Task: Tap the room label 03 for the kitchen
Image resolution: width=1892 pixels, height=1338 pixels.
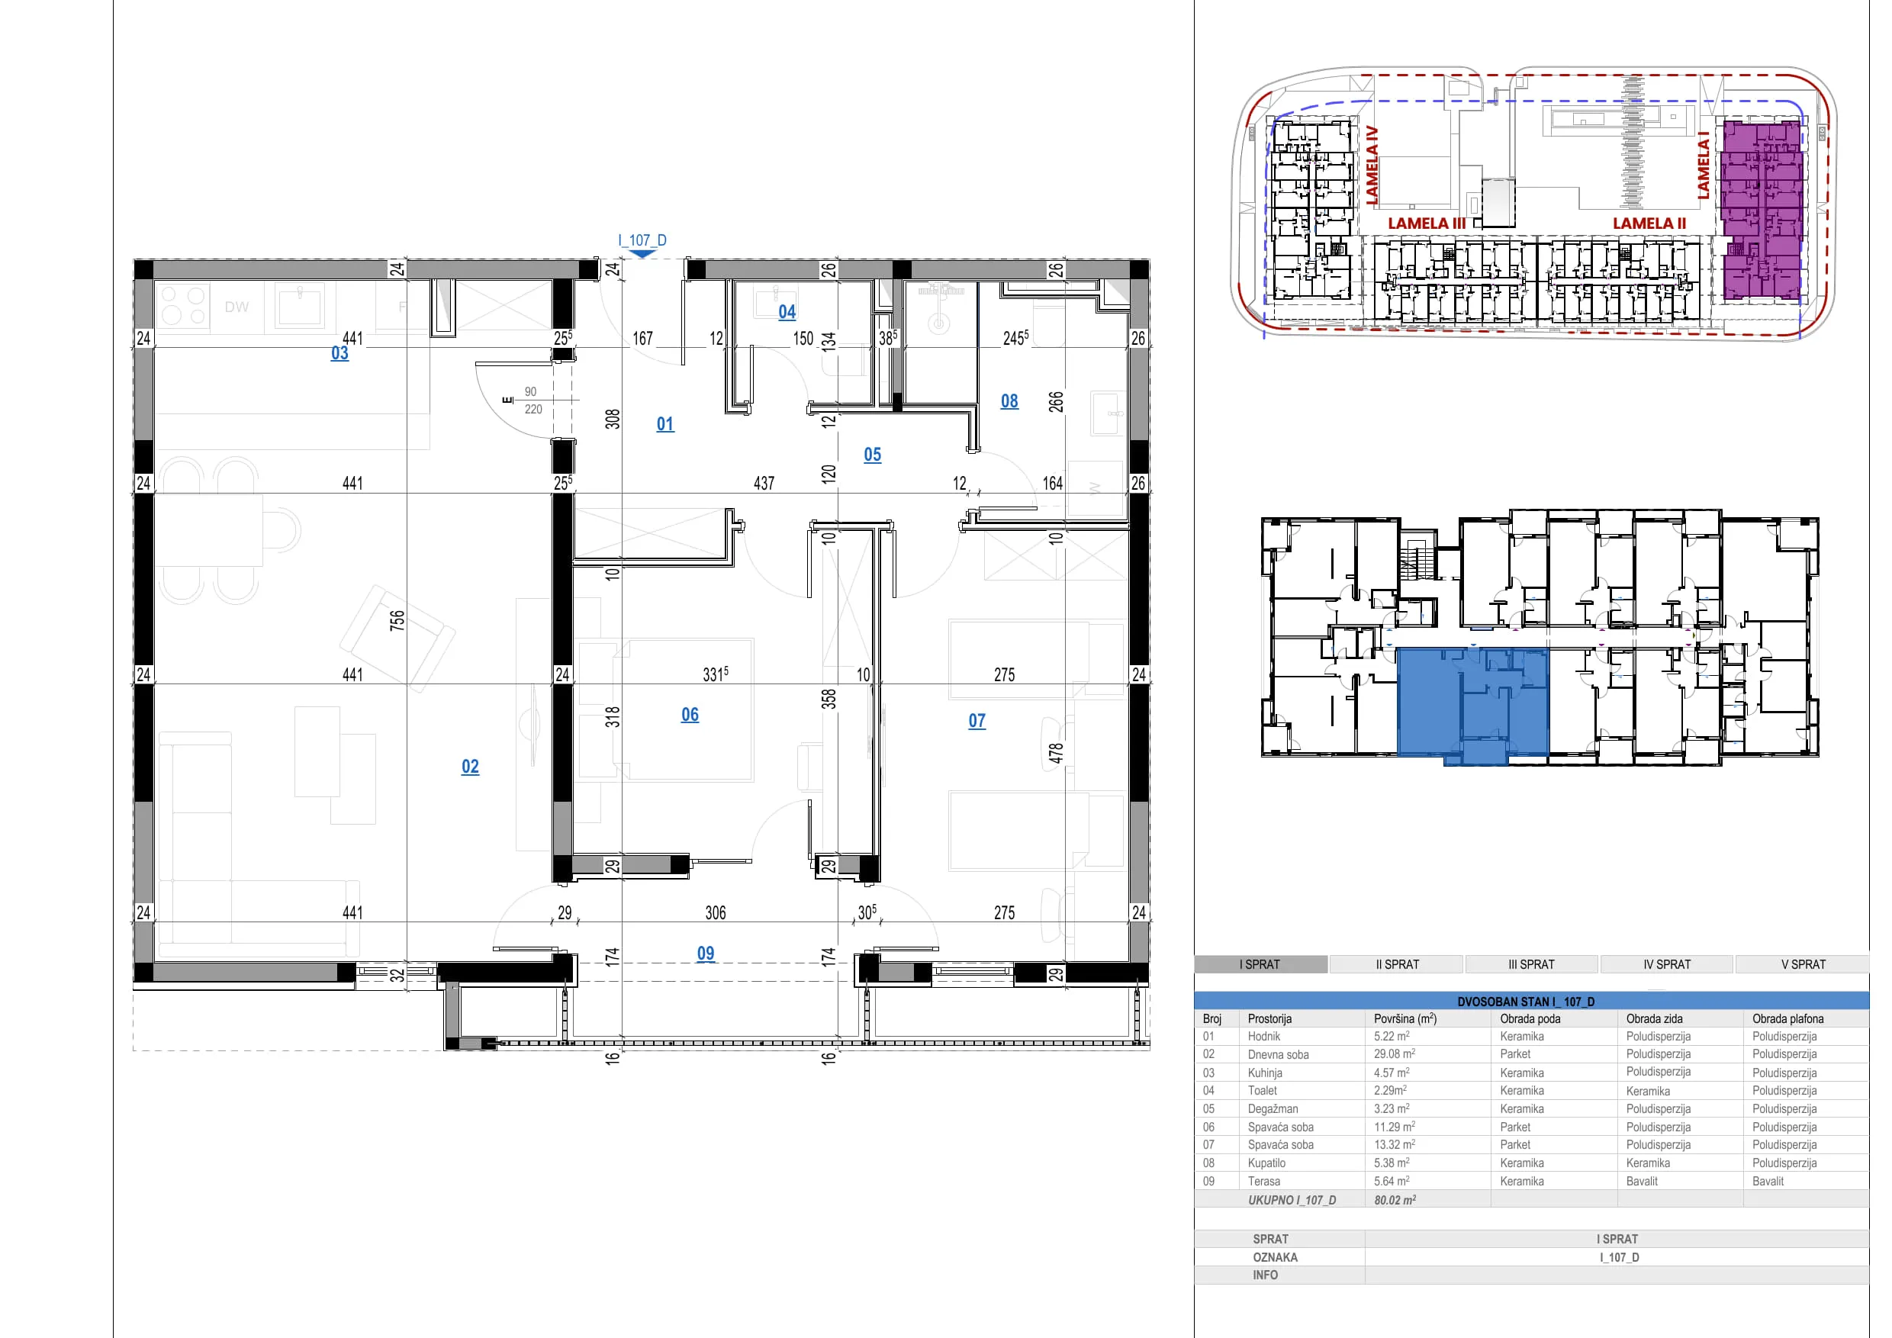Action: click(339, 352)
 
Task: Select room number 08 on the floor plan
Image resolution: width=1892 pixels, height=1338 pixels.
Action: click(1009, 401)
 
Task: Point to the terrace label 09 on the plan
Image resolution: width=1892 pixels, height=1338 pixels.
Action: click(706, 954)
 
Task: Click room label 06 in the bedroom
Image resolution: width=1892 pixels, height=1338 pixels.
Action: click(690, 714)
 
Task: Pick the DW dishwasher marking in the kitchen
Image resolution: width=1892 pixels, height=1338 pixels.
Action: click(236, 307)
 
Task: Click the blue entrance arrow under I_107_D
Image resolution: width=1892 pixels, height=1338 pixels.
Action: click(642, 254)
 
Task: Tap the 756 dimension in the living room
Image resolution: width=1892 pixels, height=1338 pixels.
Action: click(397, 619)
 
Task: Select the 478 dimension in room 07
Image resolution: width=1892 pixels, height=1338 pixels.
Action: click(1056, 753)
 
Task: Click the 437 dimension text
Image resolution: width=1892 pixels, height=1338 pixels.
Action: click(764, 484)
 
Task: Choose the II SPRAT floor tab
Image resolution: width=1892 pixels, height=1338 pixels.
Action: click(1397, 964)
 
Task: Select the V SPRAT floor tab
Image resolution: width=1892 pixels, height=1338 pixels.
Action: click(1803, 964)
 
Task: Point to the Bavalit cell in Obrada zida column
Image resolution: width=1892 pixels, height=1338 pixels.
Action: click(1642, 1181)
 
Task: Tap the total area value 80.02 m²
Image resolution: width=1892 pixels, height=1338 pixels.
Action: click(1395, 1200)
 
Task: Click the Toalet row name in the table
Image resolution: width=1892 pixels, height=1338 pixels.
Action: click(1262, 1090)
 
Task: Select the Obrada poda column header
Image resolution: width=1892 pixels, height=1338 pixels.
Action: click(1530, 1018)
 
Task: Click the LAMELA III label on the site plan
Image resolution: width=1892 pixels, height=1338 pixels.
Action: click(1427, 224)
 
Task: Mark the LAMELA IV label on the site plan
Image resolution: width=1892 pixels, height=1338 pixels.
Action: click(1372, 165)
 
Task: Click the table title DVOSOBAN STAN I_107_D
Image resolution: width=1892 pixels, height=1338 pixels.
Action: click(1526, 1001)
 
